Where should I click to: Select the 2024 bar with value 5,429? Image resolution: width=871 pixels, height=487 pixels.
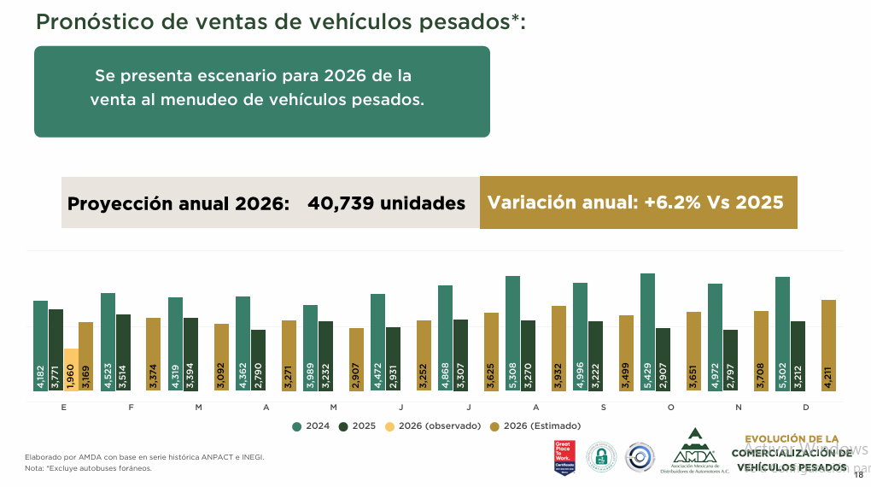(647, 332)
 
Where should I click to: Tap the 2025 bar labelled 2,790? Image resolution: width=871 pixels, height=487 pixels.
(258, 361)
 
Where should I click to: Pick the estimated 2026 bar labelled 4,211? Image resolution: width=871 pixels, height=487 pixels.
(828, 345)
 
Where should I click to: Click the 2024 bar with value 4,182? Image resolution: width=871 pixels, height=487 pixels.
(40, 346)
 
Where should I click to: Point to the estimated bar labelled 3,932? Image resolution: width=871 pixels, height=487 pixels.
(558, 349)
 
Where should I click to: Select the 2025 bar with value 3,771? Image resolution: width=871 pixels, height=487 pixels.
(56, 350)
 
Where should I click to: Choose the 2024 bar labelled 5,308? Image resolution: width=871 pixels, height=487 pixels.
(512, 333)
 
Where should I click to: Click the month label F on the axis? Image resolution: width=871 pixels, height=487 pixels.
(131, 408)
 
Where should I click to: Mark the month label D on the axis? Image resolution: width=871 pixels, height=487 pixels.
(806, 408)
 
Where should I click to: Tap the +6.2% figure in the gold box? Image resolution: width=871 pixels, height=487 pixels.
(673, 202)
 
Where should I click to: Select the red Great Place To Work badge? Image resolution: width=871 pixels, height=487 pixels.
(563, 457)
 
